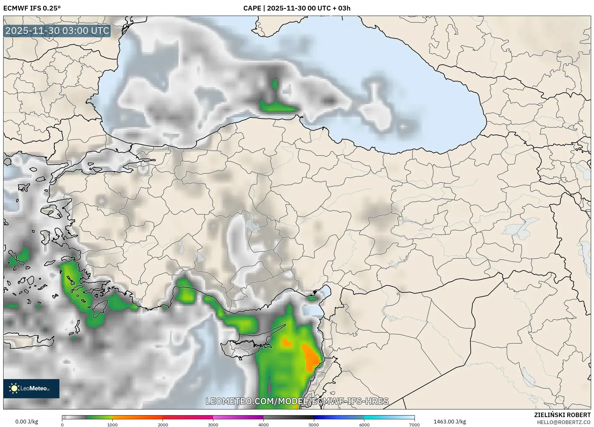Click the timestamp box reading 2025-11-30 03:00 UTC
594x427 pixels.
click(57, 31)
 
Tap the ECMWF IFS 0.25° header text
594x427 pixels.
click(32, 8)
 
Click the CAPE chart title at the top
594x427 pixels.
click(297, 8)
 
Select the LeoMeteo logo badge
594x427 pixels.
click(31, 388)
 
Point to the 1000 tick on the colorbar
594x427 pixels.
click(112, 424)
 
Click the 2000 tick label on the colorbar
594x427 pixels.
click(163, 424)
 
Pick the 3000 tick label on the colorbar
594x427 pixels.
click(213, 424)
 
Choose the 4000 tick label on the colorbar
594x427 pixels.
click(263, 424)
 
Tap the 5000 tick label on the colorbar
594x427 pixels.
click(314, 424)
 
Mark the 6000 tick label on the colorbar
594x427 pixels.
click(364, 424)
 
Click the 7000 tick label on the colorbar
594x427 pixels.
click(415, 424)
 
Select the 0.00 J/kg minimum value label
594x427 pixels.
click(27, 422)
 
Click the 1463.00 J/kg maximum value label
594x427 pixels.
click(450, 422)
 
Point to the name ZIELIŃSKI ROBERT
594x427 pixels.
click(562, 415)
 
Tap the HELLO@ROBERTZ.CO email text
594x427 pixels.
click(564, 422)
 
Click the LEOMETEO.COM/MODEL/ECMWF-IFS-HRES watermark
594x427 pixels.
click(297, 401)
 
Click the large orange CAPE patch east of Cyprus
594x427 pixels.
click(310, 358)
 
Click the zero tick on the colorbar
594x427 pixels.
click(62, 424)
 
